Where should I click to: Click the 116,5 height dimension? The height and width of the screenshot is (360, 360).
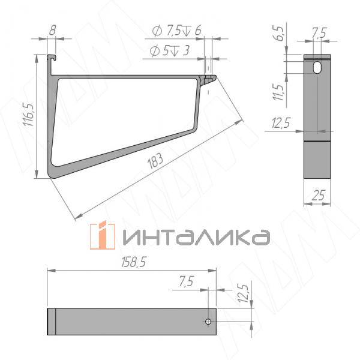[x=27, y=114]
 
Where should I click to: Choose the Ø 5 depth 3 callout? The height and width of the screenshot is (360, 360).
[x=169, y=52]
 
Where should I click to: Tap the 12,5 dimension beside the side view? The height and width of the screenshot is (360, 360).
[x=281, y=124]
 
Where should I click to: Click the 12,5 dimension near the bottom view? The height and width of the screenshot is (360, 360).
[x=243, y=295]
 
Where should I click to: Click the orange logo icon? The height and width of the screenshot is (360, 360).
[x=102, y=236]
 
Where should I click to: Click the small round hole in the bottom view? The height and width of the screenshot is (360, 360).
[x=208, y=323]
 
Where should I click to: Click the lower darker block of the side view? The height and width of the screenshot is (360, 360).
[x=317, y=159]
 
